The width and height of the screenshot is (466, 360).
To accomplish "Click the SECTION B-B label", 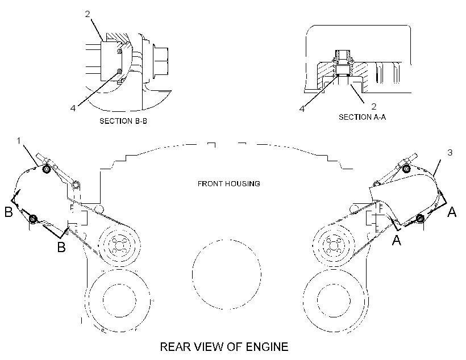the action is point(123,121).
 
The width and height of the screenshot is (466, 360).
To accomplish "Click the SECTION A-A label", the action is point(362,117).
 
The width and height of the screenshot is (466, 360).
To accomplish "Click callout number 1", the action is point(19,140).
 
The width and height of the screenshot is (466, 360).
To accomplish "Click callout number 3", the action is point(450,152).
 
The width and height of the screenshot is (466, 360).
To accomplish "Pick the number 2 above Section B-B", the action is point(88,14).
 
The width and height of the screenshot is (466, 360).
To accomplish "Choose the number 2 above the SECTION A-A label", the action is point(374,106).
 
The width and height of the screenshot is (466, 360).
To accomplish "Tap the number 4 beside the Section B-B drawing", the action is point(73,108).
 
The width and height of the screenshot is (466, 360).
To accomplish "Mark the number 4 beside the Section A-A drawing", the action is point(302,108).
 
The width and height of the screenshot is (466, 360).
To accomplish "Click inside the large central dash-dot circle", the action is point(227,274).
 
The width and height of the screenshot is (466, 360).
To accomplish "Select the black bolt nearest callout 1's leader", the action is point(47,169).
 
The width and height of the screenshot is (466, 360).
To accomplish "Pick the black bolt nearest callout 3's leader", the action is point(406,169).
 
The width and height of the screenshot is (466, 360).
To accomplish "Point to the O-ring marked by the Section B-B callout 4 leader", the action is point(119,72).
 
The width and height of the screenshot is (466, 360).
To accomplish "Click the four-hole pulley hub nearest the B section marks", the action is point(119,245).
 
